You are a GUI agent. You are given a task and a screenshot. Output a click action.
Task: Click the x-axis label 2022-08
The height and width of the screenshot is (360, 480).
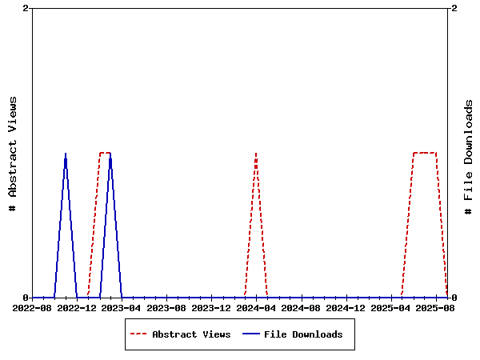32,307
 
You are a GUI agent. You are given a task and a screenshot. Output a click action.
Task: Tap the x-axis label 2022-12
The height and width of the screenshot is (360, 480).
77,307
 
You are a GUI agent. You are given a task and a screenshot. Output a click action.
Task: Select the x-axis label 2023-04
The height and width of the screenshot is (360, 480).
122,307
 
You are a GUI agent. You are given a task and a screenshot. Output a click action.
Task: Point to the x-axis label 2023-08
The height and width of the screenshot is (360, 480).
166,307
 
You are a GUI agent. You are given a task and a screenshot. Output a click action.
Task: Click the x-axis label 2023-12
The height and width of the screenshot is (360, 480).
211,307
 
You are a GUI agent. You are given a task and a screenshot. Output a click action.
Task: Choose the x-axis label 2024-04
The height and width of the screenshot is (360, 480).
256,307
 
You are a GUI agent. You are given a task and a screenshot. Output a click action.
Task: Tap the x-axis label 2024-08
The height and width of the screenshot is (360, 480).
301,307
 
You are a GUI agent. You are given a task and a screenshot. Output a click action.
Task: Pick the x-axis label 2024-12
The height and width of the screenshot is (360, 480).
346,307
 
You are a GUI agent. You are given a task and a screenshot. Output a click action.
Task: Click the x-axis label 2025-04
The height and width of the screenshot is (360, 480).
390,307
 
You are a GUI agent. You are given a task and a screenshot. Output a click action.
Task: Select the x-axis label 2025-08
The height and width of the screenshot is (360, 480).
435,307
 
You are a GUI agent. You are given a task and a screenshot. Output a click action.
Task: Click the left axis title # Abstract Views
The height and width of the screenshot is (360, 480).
12,153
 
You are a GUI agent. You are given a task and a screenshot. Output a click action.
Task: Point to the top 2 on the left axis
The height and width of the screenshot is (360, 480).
26,8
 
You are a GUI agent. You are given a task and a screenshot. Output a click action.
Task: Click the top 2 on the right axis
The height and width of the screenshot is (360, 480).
454,8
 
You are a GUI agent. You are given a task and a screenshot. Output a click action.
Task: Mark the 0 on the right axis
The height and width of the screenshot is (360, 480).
454,298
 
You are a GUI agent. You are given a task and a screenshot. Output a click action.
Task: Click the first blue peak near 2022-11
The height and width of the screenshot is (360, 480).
66,153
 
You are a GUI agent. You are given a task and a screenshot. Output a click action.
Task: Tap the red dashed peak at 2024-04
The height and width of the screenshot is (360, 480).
256,153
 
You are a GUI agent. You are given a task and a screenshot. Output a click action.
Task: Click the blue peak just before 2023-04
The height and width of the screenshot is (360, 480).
110,153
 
